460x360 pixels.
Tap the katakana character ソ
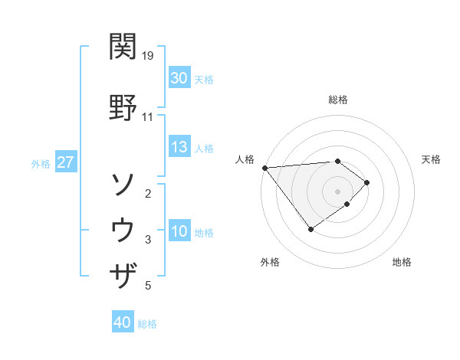pos(123,185)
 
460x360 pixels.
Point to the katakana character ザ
pos(123,274)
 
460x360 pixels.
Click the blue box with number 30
pos(179,78)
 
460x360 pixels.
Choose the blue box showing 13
pos(179,147)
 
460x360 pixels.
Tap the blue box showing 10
pos(179,231)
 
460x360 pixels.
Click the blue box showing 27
pos(65,163)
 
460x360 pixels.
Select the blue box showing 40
pos(123,323)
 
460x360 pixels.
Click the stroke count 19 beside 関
pos(149,56)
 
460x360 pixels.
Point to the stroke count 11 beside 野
pos(148,117)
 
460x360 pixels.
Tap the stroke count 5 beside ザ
pos(147,286)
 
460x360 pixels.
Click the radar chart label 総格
pos(337,100)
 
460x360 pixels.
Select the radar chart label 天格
pos(432,159)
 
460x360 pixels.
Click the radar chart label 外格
pos(270,262)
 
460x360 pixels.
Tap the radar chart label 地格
pos(402,262)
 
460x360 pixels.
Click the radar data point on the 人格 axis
pos(264,168)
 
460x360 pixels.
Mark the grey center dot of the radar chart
pos(337,191)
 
